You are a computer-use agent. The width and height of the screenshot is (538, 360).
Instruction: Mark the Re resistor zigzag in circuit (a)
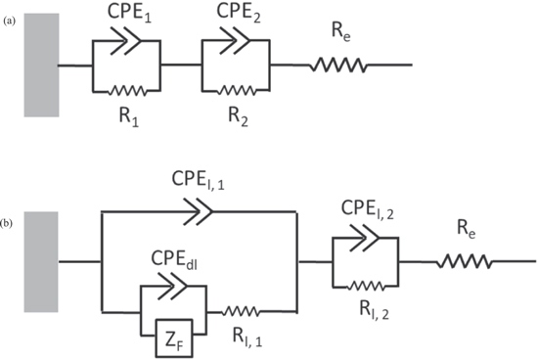point(338,66)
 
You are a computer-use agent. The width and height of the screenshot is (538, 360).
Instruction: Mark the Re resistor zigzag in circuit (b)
point(469,261)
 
